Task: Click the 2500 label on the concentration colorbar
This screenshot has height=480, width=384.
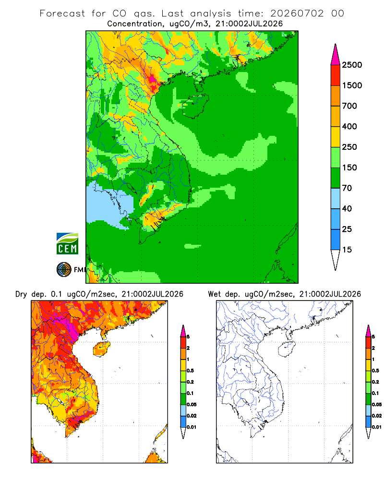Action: tap(352, 65)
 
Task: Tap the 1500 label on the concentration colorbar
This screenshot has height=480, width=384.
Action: tap(352, 85)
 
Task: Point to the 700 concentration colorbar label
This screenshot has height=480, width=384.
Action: tap(349, 106)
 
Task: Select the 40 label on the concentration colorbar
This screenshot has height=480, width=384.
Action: tap(347, 208)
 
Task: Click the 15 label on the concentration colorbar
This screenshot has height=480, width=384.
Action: tap(347, 250)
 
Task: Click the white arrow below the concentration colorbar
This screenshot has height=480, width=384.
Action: tap(336, 259)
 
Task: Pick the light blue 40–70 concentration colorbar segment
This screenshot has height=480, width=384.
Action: tap(336, 198)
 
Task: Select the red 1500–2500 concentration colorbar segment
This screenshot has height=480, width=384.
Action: tap(336, 75)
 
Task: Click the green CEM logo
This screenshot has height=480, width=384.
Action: tap(67, 244)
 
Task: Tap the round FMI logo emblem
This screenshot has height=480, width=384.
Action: tap(64, 270)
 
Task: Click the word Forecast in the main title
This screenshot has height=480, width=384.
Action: tap(62, 13)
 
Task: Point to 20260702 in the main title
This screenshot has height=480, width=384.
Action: tap(297, 13)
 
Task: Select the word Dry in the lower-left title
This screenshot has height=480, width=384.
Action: tap(21, 294)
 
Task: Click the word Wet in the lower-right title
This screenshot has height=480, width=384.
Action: tap(214, 294)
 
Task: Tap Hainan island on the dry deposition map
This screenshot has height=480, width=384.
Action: tap(101, 349)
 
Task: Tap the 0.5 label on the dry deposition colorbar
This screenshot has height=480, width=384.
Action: tap(190, 371)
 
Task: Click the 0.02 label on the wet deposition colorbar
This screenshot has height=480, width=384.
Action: tap(377, 416)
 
